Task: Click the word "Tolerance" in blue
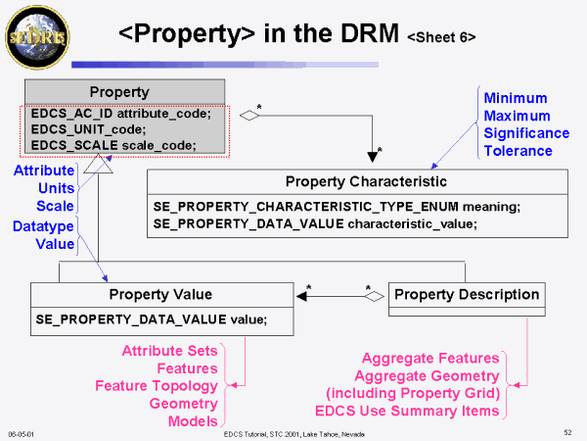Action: pyautogui.click(x=518, y=150)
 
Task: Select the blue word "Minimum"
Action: pyautogui.click(x=516, y=98)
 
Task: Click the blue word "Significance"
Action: pyautogui.click(x=526, y=132)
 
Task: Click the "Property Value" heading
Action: pyautogui.click(x=160, y=294)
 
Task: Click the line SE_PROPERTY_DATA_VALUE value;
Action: pyautogui.click(x=151, y=318)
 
